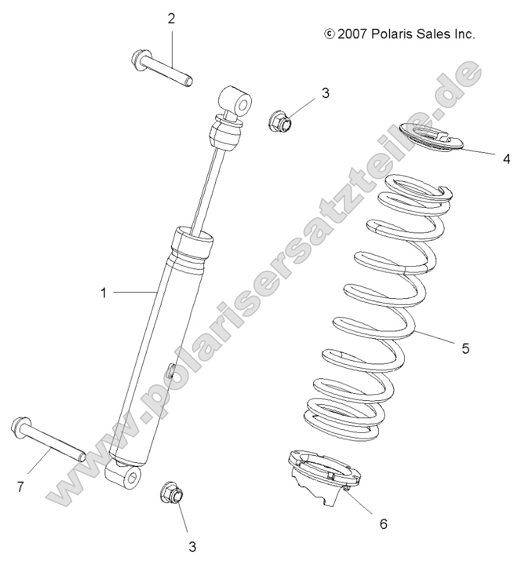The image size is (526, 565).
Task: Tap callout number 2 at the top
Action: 171,18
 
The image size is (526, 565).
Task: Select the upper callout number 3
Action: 325,93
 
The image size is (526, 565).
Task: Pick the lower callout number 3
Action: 192,546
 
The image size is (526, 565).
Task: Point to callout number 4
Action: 506,159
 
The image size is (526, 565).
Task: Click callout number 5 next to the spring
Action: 465,349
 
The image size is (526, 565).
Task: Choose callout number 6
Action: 383,523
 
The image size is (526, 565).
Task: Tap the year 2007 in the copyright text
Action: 353,34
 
